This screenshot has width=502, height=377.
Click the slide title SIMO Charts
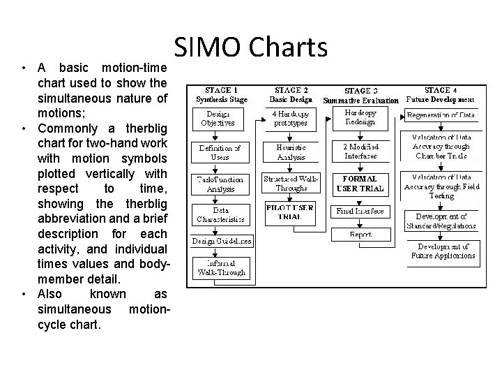coord(250,49)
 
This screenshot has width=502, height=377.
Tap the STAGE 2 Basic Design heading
coord(292,95)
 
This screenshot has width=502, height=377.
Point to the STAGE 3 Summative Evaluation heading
coord(361,96)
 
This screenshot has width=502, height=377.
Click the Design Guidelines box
coord(222,242)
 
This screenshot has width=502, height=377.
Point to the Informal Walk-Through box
coord(220,267)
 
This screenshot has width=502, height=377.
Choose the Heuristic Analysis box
coord(291,152)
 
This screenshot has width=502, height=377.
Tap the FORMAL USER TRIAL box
coord(360,184)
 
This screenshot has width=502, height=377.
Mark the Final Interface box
coord(360,209)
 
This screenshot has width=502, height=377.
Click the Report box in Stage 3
coord(360,235)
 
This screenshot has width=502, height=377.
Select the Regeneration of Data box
coord(441,114)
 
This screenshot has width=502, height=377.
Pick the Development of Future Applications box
coord(443,251)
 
